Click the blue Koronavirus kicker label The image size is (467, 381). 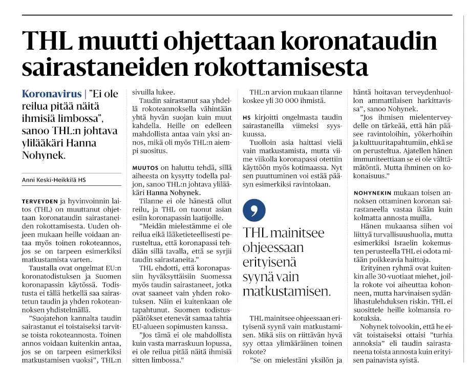click(52, 94)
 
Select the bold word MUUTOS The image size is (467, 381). click(146, 167)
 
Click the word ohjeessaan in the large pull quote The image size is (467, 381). click(273, 247)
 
